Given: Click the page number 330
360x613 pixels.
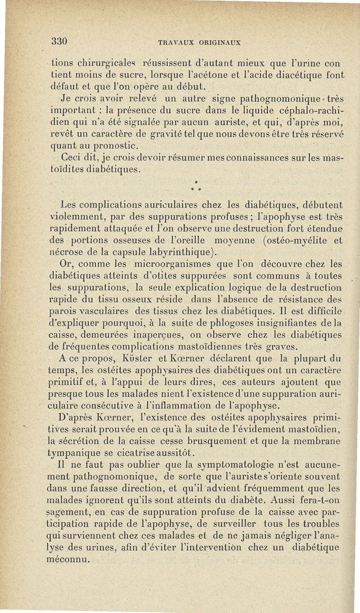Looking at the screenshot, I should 59,41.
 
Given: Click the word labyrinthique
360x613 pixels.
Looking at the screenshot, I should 178,251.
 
